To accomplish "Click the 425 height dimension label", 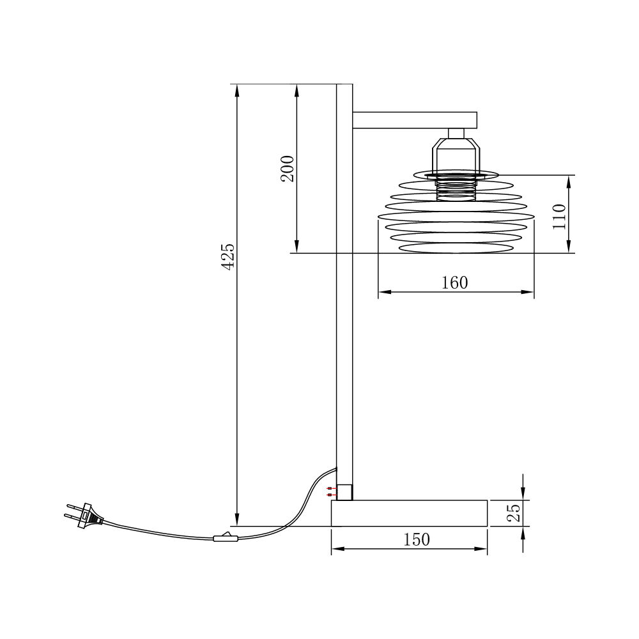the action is click(x=228, y=256).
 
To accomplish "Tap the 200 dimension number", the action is click(x=288, y=169).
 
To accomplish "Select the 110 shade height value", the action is click(x=560, y=217).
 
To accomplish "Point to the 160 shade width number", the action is click(x=455, y=282).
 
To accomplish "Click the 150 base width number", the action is click(x=417, y=539).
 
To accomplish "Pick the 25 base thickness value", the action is click(x=514, y=513).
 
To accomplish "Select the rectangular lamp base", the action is click(x=409, y=513).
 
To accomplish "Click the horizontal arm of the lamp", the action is click(x=415, y=120).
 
